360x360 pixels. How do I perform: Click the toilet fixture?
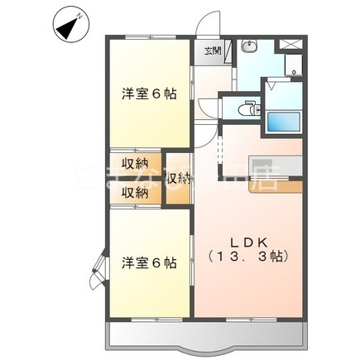click(246, 108)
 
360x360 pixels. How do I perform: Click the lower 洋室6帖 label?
click(149, 262)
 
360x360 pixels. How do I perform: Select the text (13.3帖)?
click(246, 257)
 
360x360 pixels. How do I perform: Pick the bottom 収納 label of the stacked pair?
click(137, 192)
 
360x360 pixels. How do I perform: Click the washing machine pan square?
click(295, 65)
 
